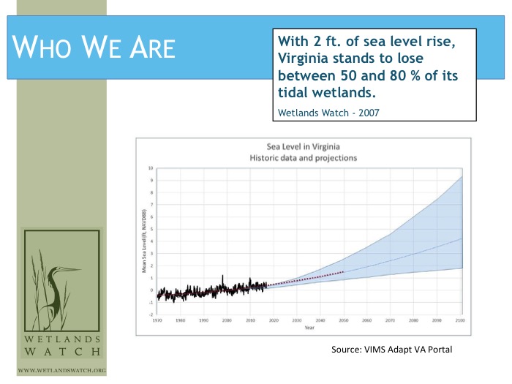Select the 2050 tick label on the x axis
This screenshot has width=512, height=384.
pyautogui.click(x=344, y=320)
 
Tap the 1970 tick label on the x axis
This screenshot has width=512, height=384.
pyautogui.click(x=158, y=320)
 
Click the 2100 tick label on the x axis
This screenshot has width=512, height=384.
pyautogui.click(x=461, y=320)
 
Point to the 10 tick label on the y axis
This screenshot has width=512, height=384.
pyautogui.click(x=151, y=168)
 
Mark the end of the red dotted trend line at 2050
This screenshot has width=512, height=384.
pyautogui.click(x=344, y=272)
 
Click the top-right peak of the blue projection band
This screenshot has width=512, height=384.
pyautogui.click(x=461, y=177)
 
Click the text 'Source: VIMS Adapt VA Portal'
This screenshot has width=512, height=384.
pyautogui.click(x=392, y=350)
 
